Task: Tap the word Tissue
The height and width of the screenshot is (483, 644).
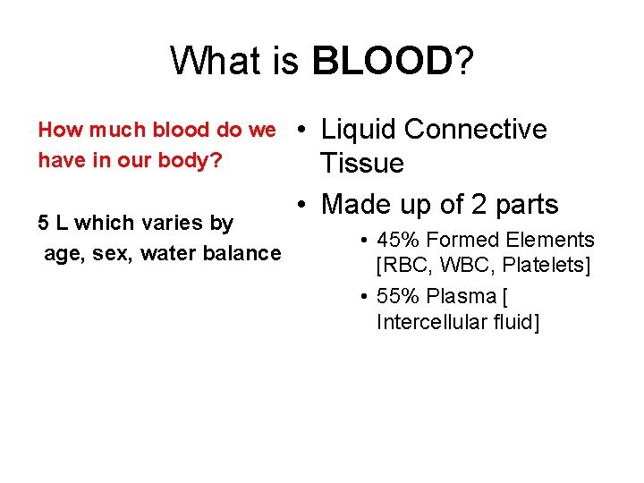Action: click(362, 164)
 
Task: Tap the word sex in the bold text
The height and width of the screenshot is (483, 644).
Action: click(111, 253)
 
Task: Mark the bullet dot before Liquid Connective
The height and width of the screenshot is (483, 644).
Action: click(305, 131)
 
